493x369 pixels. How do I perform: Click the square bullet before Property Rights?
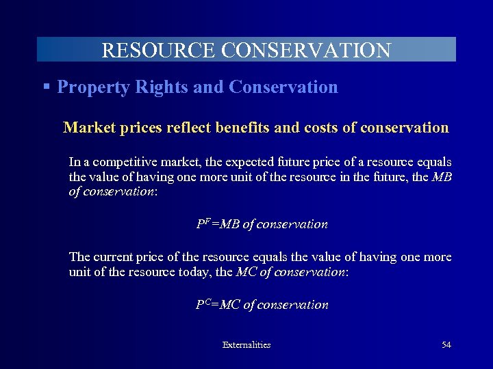(46, 87)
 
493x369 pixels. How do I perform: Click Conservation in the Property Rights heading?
(283, 87)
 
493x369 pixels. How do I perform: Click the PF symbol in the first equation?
(203, 223)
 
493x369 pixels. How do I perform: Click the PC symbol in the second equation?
(203, 304)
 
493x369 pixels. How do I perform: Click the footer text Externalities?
(246, 345)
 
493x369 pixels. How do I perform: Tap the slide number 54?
(446, 345)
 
